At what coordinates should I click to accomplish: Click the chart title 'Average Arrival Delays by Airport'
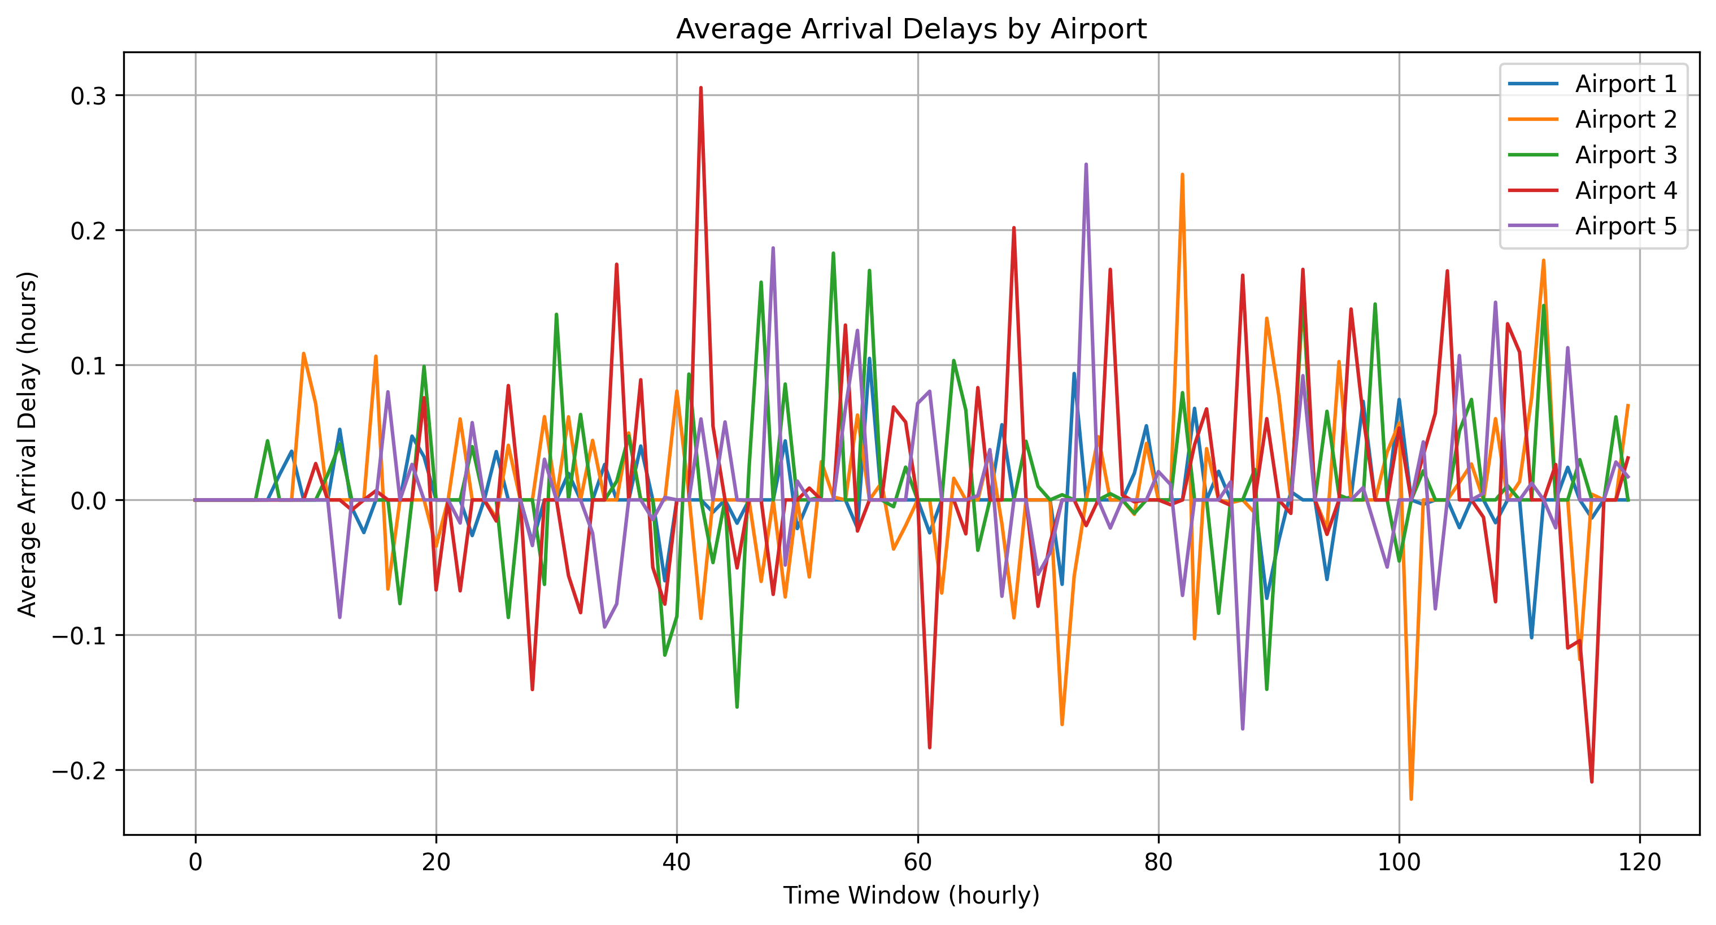click(x=911, y=29)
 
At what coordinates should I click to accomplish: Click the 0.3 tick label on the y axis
click(x=89, y=96)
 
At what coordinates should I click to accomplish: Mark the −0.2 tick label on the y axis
click(x=79, y=770)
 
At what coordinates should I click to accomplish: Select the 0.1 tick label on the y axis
click(x=89, y=365)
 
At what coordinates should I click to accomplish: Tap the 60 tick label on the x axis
click(x=918, y=862)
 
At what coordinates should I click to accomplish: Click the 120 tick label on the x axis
click(x=1639, y=862)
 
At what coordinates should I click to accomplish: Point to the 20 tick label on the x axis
click(x=436, y=862)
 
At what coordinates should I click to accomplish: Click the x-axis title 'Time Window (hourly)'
click(x=911, y=896)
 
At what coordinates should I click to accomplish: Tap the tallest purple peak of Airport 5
click(x=1086, y=164)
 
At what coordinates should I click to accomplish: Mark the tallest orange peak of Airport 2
click(x=1182, y=174)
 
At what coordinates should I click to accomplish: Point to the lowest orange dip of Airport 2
click(x=1411, y=799)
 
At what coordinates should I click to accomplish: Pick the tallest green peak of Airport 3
click(x=833, y=253)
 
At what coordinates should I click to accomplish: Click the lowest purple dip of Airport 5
click(x=1242, y=728)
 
